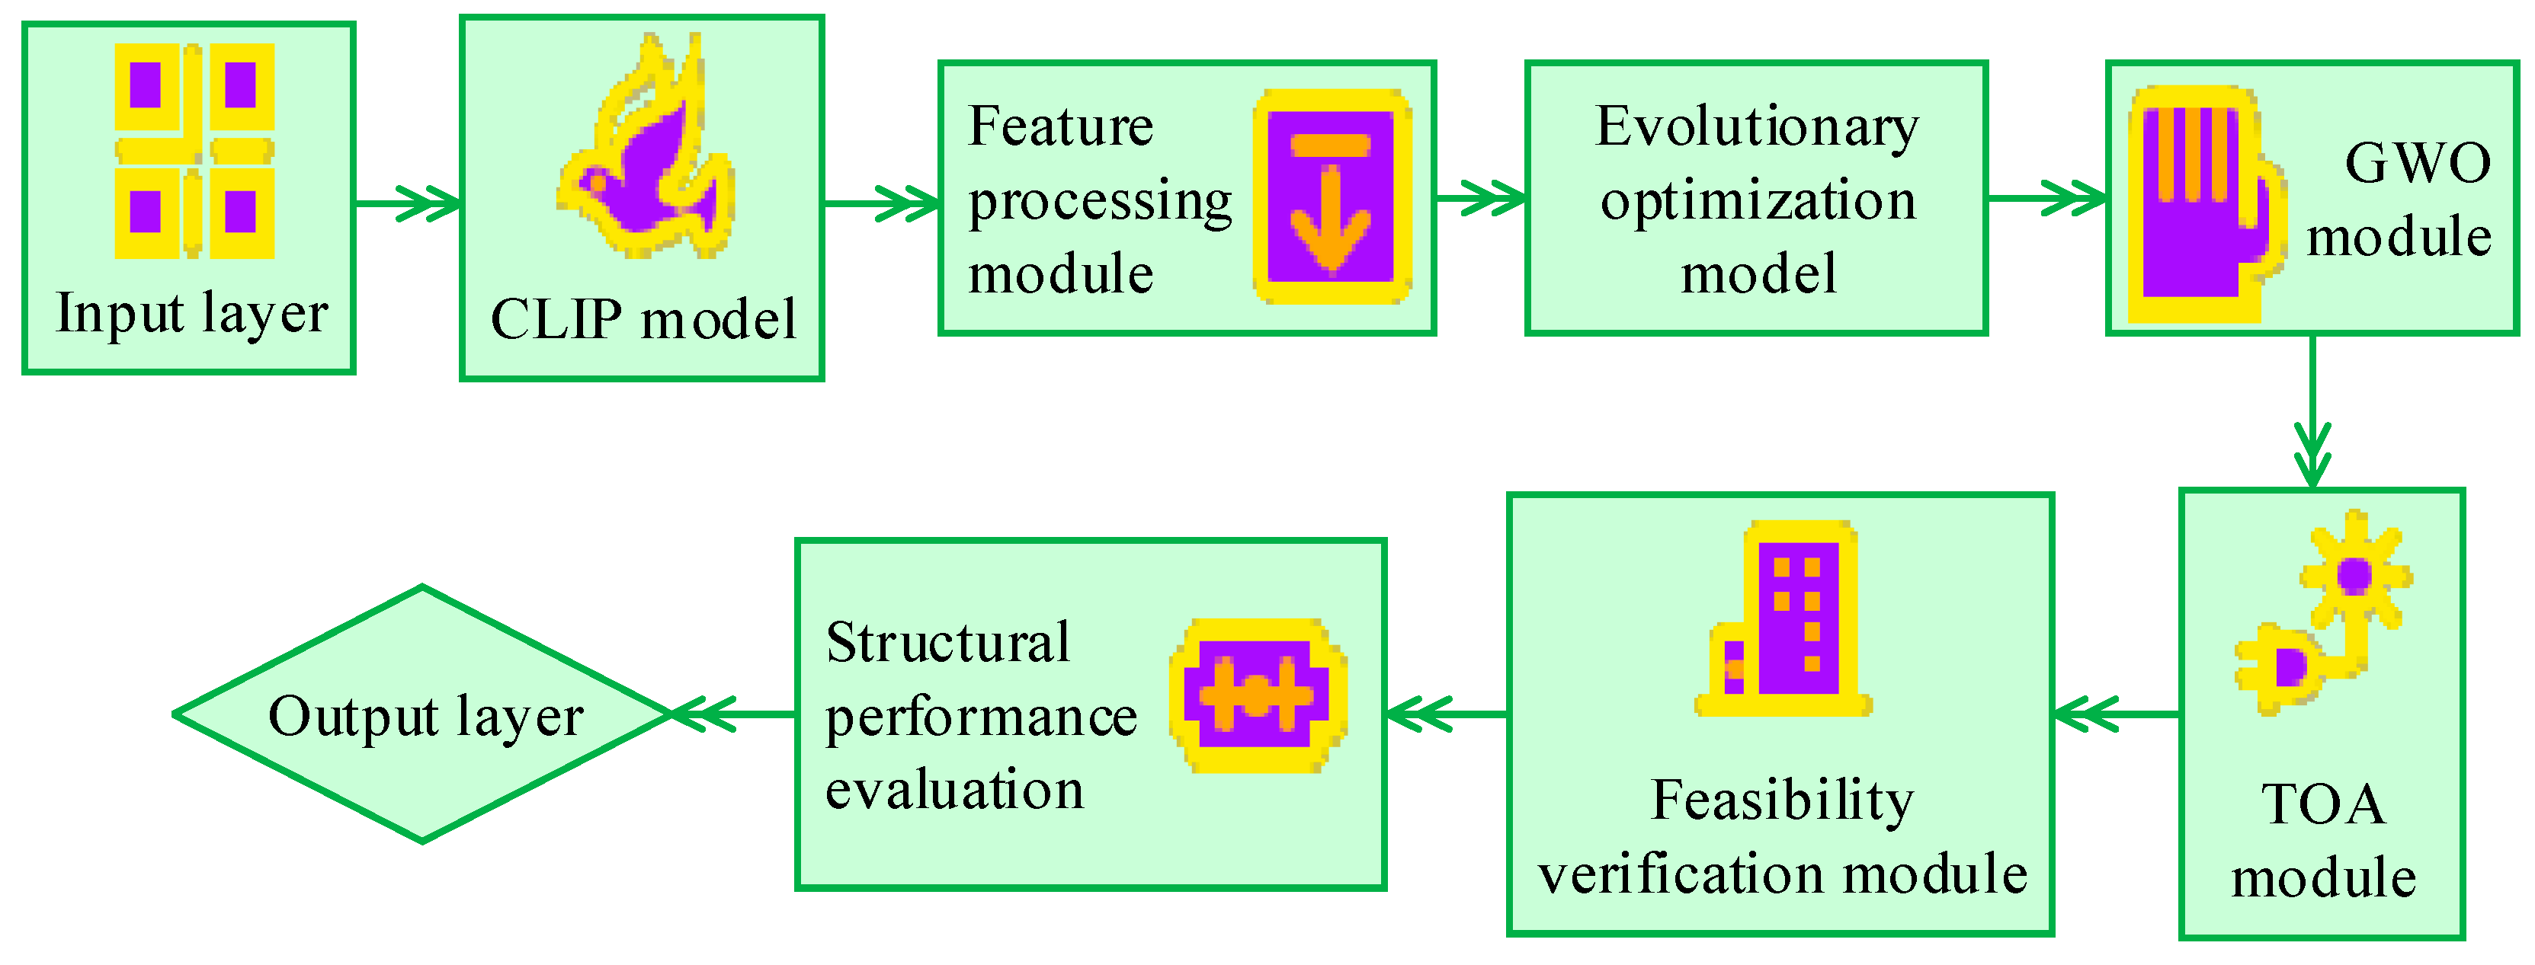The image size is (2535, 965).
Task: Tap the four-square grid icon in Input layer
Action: point(194,151)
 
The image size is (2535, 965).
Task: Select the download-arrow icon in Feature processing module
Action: point(1332,197)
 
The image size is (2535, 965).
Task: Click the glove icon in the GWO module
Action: point(2204,205)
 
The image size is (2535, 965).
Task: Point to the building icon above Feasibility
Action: point(1783,618)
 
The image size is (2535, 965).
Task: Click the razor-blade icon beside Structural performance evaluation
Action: point(1257,695)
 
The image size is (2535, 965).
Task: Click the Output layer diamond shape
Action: point(423,715)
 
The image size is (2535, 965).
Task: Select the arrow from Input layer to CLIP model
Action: point(408,203)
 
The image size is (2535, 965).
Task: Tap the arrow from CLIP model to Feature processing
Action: point(881,203)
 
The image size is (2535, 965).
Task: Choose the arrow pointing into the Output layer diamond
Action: point(733,714)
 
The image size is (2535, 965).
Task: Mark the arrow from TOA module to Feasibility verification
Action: point(2116,714)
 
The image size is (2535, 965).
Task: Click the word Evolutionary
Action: point(1757,128)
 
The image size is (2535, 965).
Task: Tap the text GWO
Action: point(2417,163)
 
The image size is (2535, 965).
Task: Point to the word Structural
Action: point(947,644)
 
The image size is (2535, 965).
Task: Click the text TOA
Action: point(2322,804)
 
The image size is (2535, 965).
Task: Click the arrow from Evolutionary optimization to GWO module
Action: point(2047,198)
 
